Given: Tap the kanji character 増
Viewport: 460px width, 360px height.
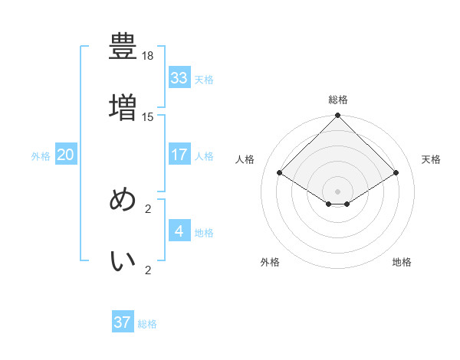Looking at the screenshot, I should point(123,106).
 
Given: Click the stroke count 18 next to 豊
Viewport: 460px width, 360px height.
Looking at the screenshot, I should point(148,57).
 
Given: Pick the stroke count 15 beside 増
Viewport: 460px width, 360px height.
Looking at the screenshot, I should point(148,117).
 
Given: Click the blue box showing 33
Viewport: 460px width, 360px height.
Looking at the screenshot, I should point(179,78).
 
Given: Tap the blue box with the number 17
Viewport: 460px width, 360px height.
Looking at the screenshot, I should point(179,155).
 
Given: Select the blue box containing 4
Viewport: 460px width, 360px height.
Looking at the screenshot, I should point(179,231).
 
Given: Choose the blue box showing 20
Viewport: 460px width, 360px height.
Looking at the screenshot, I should point(65,155).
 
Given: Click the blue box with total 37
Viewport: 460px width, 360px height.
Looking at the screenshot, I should point(123,322).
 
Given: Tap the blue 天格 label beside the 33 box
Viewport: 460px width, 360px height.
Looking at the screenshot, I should point(204,80).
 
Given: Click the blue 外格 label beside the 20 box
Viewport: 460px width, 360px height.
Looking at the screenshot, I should point(41,156).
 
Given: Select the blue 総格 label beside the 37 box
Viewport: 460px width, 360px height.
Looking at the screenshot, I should point(147,324).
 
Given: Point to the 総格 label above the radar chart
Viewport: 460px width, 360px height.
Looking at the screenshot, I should point(338,100).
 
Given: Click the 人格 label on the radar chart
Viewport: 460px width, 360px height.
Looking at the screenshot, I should point(245,159).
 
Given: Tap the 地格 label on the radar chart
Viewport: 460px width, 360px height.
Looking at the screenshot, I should point(402,262).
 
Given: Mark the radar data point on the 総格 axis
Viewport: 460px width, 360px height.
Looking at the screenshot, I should point(338,116).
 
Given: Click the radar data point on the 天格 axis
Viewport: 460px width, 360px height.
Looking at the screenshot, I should point(396,173).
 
